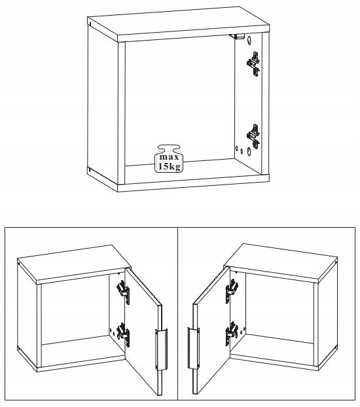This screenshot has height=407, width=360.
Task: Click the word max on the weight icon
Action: pyautogui.click(x=169, y=157)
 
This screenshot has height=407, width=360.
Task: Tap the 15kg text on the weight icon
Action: pyautogui.click(x=169, y=166)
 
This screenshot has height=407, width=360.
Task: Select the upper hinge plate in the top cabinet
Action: pyautogui.click(x=253, y=64)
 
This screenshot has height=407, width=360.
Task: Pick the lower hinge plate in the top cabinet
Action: pyautogui.click(x=253, y=136)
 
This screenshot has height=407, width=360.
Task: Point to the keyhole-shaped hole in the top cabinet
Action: pyautogui.click(x=249, y=40)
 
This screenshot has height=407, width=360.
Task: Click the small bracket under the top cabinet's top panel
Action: pyautogui.click(x=237, y=36)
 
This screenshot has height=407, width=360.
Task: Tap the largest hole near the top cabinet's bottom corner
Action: pyautogui.click(x=249, y=151)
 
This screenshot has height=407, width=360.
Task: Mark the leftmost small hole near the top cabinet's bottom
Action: pyautogui.click(x=237, y=149)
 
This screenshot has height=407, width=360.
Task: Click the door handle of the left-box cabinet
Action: pyautogui.click(x=161, y=349)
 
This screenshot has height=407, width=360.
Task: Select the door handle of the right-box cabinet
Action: pyautogui.click(x=194, y=348)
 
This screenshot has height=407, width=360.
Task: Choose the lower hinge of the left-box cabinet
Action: pyautogui.click(x=123, y=334)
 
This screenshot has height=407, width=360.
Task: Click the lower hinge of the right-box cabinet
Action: pyautogui.click(x=232, y=333)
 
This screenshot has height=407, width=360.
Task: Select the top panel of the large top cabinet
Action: pyautogui.click(x=179, y=24)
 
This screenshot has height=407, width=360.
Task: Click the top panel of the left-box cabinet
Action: pyautogui.click(x=75, y=264)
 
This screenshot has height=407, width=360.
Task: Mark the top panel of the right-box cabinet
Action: pyautogui.click(x=281, y=262)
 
